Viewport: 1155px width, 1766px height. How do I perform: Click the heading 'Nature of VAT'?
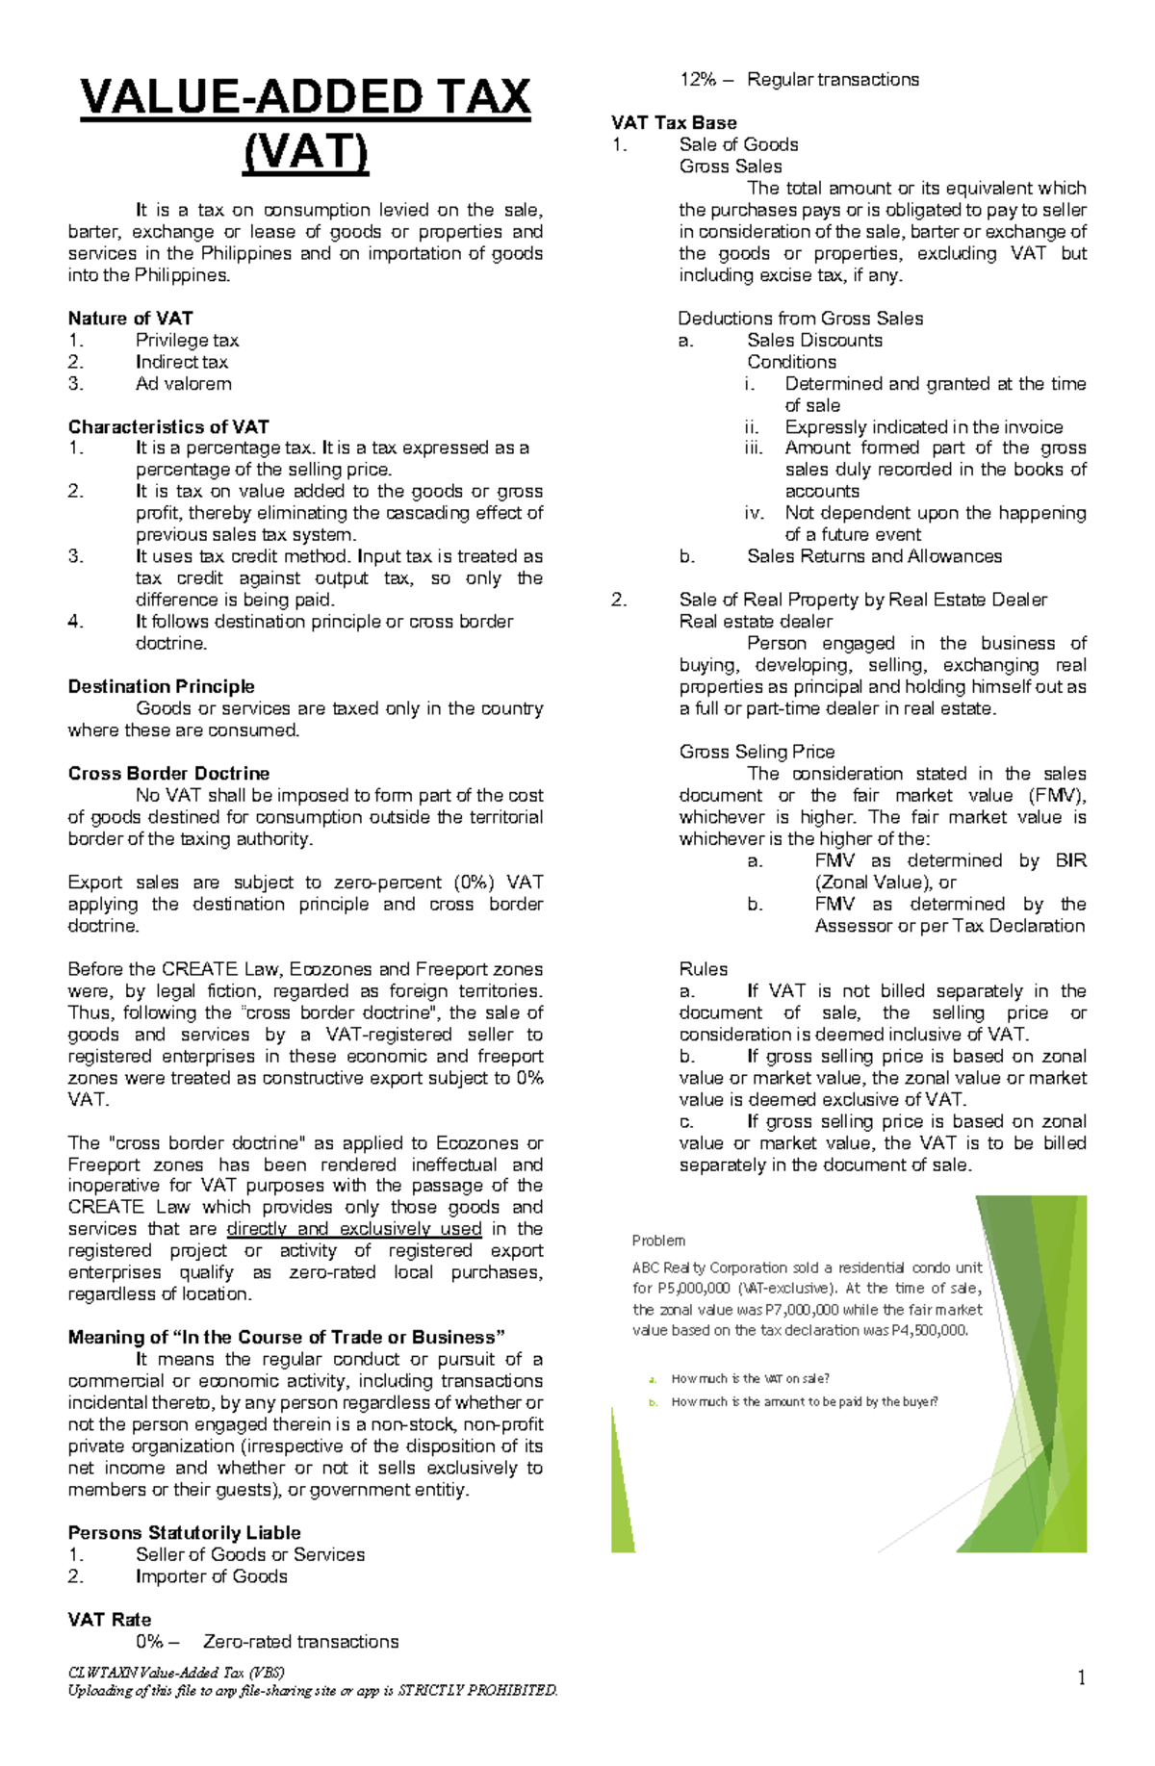(130, 319)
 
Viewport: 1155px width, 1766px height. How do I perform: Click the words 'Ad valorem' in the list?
(183, 384)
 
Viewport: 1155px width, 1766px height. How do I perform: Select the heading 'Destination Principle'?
(161, 687)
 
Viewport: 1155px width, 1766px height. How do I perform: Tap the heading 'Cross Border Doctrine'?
(168, 774)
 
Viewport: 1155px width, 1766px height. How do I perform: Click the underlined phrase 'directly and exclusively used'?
(353, 1230)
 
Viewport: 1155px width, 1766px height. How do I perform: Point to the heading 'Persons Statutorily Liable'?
(184, 1533)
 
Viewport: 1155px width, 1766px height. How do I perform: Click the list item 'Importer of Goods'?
(211, 1576)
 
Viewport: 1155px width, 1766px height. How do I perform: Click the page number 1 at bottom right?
(1082, 1678)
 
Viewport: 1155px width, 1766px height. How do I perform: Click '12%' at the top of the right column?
(698, 80)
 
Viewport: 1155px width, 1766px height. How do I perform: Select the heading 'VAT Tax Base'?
(674, 123)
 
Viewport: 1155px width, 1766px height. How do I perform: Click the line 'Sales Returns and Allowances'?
(874, 556)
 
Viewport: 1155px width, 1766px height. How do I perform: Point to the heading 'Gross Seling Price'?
(757, 753)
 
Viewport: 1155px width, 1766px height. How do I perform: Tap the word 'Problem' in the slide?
(658, 1241)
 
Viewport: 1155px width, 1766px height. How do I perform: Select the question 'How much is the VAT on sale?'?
(750, 1379)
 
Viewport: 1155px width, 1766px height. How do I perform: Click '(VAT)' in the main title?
(305, 152)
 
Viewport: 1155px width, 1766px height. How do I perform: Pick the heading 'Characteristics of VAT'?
(168, 427)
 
